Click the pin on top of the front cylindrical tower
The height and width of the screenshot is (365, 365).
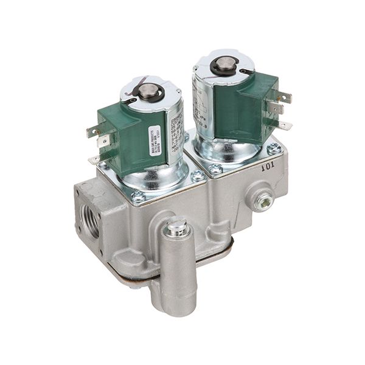tap(176, 226)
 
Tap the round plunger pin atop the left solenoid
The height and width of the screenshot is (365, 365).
tap(146, 92)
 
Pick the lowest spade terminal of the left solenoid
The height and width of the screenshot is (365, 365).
tap(94, 159)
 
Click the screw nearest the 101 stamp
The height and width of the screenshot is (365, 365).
tap(275, 148)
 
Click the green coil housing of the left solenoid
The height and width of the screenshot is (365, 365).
tap(125, 134)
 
